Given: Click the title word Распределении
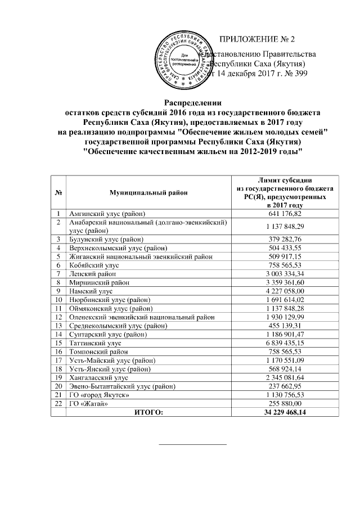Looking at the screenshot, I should tap(193, 102).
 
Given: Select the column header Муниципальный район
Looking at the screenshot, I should tap(149, 193).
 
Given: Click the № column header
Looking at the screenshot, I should tap(58, 193).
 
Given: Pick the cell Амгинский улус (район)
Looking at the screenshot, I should tap(107, 214).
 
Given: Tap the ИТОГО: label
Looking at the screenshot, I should tap(149, 413).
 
